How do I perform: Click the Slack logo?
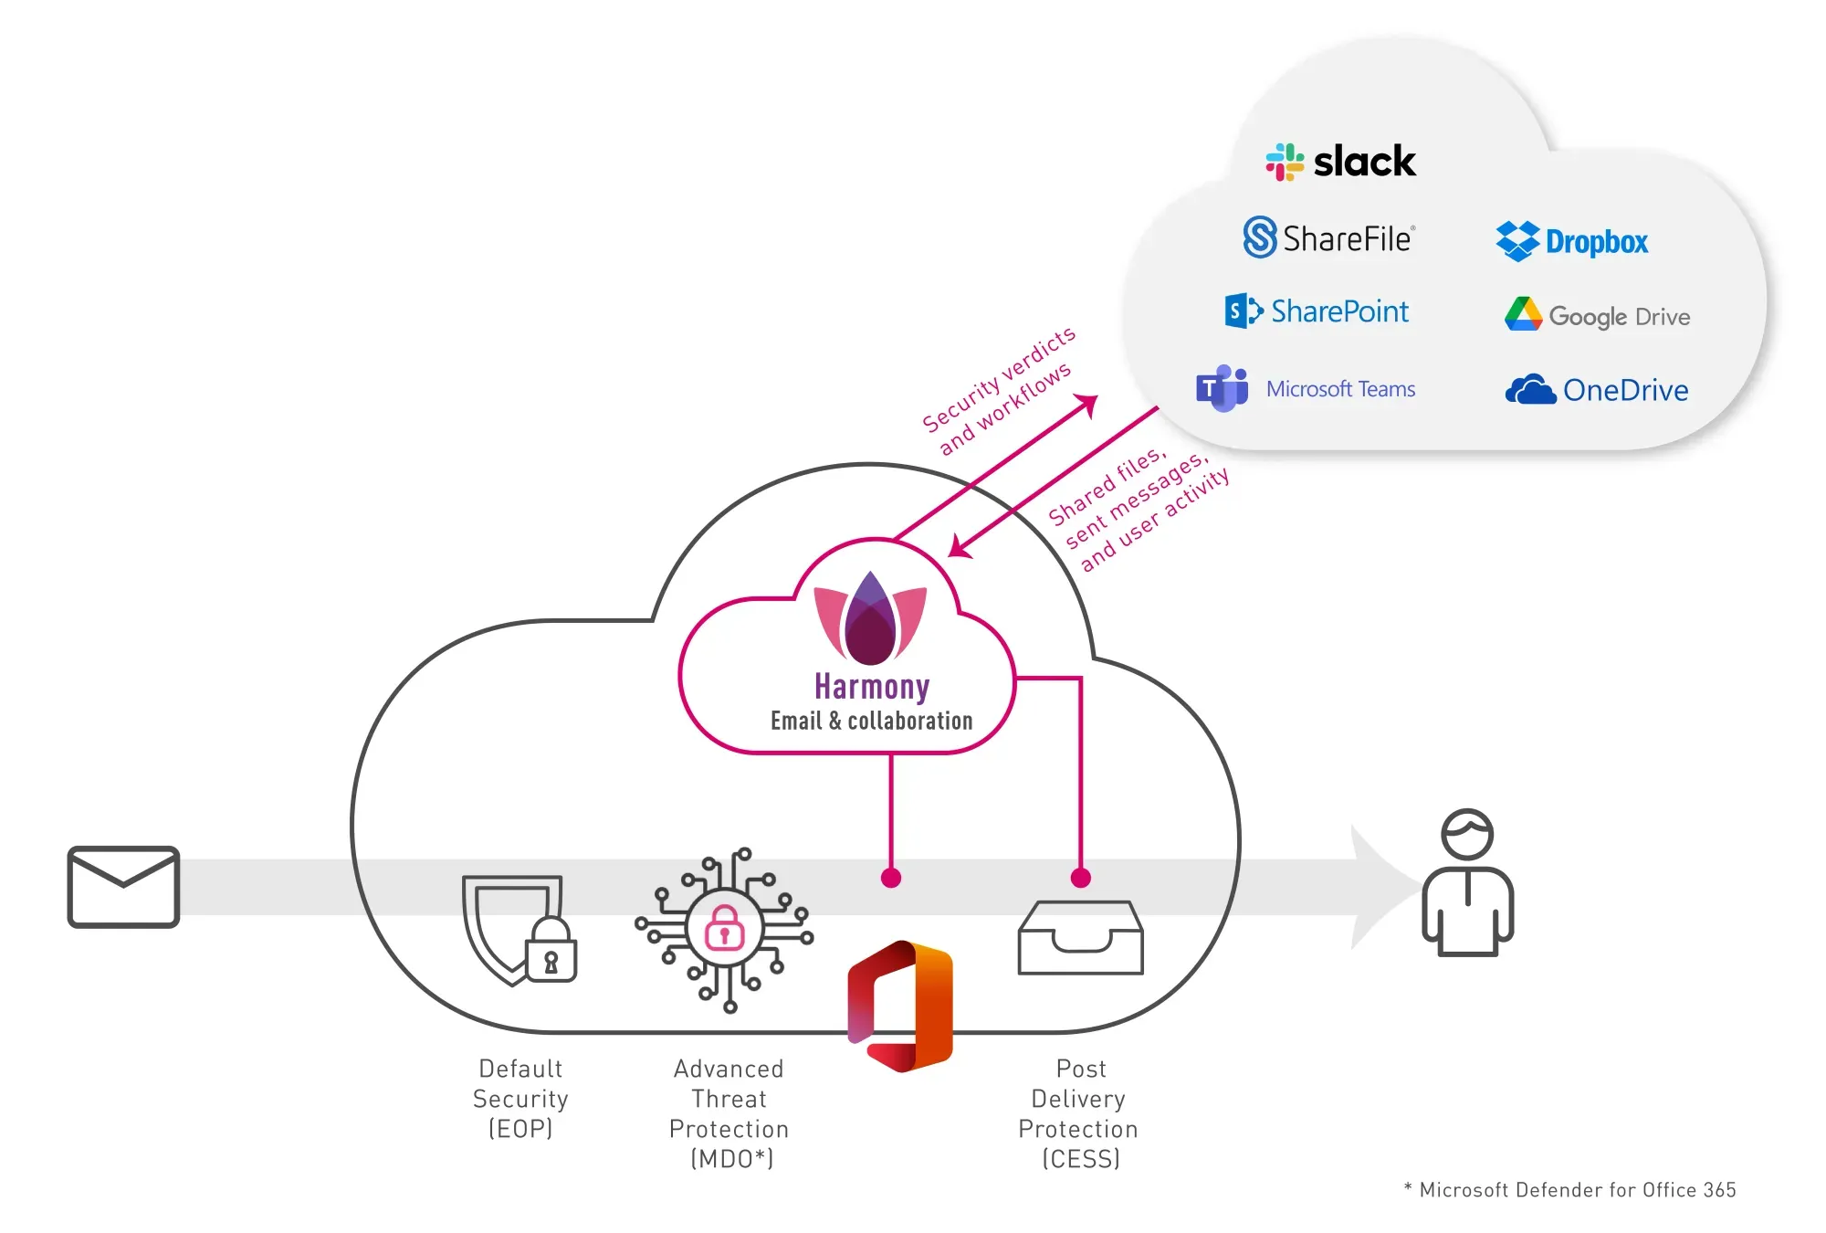(x=1339, y=162)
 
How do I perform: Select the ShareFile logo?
(x=1328, y=237)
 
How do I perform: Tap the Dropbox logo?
(x=1572, y=241)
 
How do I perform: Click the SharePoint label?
(x=1339, y=311)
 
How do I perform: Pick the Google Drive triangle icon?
(x=1523, y=314)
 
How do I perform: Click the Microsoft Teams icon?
(x=1222, y=389)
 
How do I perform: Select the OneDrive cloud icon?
(x=1530, y=390)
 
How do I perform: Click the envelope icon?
(x=123, y=887)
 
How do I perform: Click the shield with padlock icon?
(x=519, y=930)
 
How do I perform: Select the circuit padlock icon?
(x=725, y=929)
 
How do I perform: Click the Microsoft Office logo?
(x=900, y=1006)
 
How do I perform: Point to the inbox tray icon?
(x=1080, y=938)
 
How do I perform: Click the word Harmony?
(x=872, y=686)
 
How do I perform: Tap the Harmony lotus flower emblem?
(x=870, y=619)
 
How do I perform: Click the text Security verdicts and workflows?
(x=999, y=391)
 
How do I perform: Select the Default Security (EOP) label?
(x=520, y=1098)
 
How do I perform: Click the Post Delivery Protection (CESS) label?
(x=1079, y=1112)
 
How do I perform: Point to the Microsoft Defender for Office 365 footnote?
(x=1570, y=1189)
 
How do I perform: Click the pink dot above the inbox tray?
(x=1081, y=878)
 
